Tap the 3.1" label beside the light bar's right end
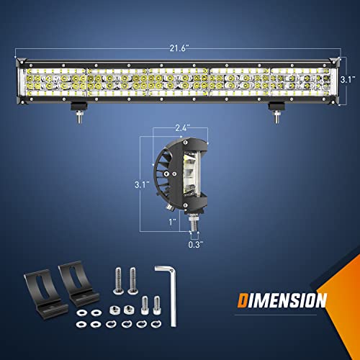tap(347, 81)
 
